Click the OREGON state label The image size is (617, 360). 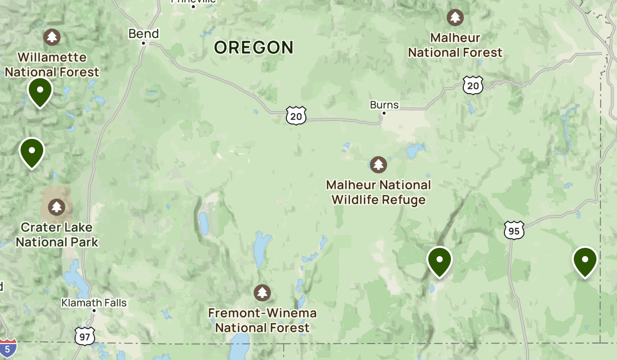253,47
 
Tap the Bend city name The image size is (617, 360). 143,34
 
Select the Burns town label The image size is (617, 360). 384,105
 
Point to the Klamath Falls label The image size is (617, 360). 94,302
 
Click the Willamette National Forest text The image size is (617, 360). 52,64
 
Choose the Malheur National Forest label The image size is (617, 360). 455,45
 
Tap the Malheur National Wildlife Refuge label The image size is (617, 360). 379,192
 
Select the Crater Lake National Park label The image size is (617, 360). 57,234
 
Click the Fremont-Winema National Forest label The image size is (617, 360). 262,320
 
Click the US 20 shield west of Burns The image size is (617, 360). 296,116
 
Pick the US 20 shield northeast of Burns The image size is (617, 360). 473,85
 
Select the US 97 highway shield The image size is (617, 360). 83,336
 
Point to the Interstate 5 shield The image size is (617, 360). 8,348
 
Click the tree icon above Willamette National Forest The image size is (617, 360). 51,37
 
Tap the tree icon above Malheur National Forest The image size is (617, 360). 455,17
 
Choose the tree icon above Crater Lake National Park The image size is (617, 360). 56,208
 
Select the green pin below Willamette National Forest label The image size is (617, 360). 40,92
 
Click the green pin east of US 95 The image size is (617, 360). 585,261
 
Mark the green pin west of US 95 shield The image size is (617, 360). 439,261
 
